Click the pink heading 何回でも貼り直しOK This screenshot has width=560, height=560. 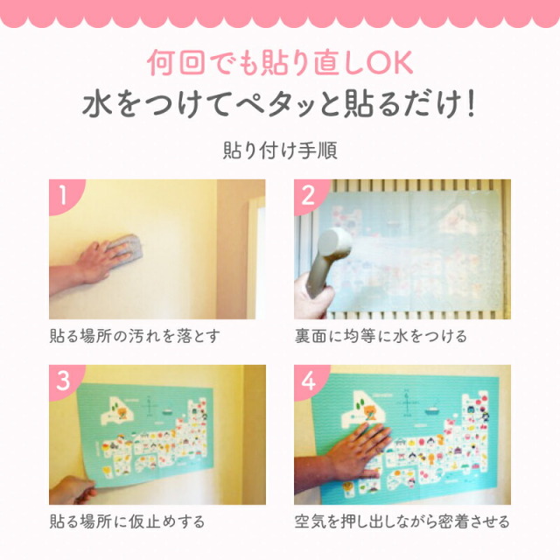click(x=280, y=63)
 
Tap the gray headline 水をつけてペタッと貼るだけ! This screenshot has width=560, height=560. click(x=279, y=104)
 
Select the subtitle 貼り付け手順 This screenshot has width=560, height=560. click(x=280, y=150)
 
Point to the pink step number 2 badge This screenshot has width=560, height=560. click(x=309, y=195)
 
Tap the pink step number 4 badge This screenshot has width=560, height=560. click(x=309, y=381)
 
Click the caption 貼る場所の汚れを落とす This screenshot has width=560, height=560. click(x=135, y=336)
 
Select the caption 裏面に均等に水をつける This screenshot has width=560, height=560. click(x=381, y=336)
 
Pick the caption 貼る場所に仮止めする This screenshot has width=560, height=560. click(x=127, y=521)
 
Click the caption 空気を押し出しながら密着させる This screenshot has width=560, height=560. click(x=402, y=521)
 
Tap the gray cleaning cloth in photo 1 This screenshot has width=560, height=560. click(x=126, y=247)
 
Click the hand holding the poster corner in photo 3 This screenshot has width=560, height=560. click(x=73, y=490)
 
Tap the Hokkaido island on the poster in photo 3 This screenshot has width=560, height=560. click(x=118, y=410)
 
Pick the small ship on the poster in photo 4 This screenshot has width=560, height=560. click(x=433, y=409)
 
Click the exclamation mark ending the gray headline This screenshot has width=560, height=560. click(x=471, y=104)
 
